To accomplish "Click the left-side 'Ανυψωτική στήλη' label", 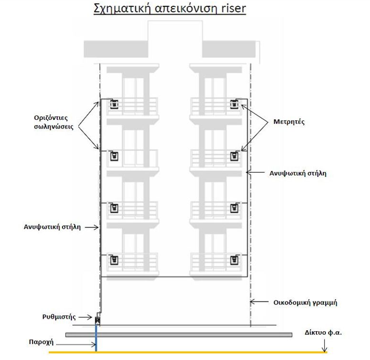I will [52, 226].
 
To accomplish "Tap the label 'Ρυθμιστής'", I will [59, 316].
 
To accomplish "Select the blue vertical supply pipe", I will [96, 338].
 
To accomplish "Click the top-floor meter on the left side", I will [115, 104].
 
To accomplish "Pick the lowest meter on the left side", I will [115, 260].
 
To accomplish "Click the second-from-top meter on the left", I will [115, 156].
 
